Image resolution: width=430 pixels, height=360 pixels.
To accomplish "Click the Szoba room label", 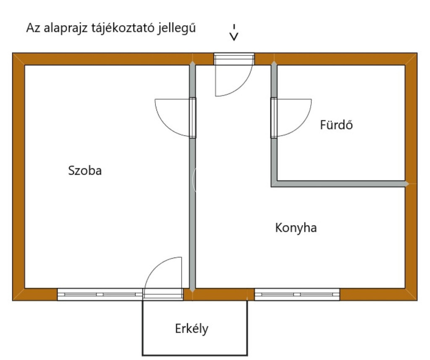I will pyautogui.click(x=85, y=171).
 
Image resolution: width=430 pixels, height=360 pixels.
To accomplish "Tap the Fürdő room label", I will pyautogui.click(x=336, y=125).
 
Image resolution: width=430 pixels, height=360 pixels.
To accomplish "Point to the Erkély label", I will pyautogui.click(x=191, y=329).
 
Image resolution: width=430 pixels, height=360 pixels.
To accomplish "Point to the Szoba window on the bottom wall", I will pyautogui.click(x=100, y=295).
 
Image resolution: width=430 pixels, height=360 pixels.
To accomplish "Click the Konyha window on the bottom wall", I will pyautogui.click(x=297, y=295).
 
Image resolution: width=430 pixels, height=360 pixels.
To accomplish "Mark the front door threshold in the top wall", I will pyautogui.click(x=234, y=59).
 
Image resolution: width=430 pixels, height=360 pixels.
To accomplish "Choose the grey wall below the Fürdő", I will pyautogui.click(x=340, y=184).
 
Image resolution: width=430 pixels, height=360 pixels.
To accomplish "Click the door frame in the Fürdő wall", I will pyautogui.click(x=274, y=117).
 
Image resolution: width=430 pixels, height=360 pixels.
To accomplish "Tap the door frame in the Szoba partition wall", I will pyautogui.click(x=193, y=117).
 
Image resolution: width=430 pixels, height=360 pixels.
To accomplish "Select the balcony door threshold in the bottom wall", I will pyautogui.click(x=163, y=294).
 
